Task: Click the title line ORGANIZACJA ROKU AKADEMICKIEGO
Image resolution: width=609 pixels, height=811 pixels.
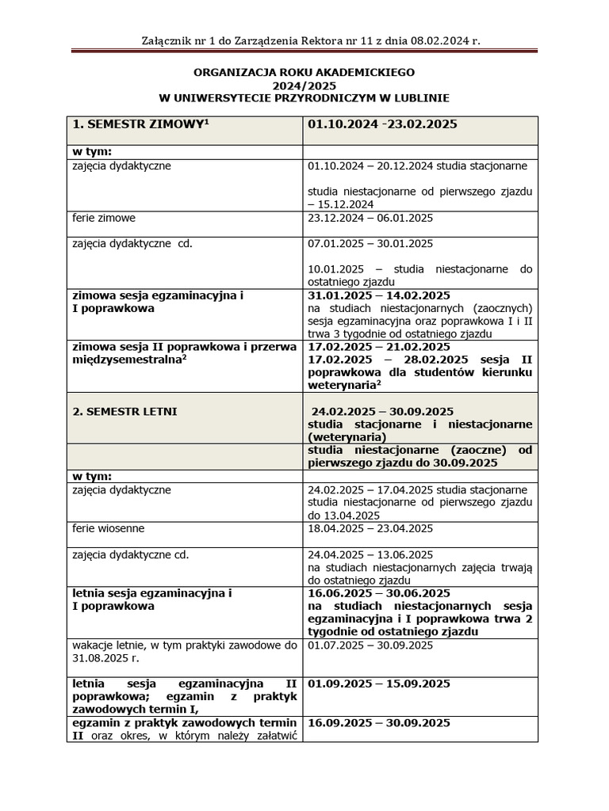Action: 304,72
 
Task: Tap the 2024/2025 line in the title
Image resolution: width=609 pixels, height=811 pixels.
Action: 304,85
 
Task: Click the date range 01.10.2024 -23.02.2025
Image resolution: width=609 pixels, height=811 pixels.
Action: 382,124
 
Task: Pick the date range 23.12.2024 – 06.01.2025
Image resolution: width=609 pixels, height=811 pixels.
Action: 370,218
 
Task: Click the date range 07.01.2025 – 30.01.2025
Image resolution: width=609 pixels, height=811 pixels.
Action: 370,243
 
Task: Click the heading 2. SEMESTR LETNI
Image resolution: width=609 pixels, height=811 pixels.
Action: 125,411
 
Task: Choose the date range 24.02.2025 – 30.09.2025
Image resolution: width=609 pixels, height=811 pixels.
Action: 382,411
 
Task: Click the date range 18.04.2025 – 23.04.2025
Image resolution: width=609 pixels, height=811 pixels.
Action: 370,528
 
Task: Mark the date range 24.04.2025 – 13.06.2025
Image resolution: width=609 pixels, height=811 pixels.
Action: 370,554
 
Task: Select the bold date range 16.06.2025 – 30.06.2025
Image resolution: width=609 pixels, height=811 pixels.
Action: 378,593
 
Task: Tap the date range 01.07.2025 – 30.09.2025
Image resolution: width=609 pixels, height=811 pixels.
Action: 370,645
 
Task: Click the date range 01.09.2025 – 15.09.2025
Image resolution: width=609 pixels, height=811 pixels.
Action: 378,683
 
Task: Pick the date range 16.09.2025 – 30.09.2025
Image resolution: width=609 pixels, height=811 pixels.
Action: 378,723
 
